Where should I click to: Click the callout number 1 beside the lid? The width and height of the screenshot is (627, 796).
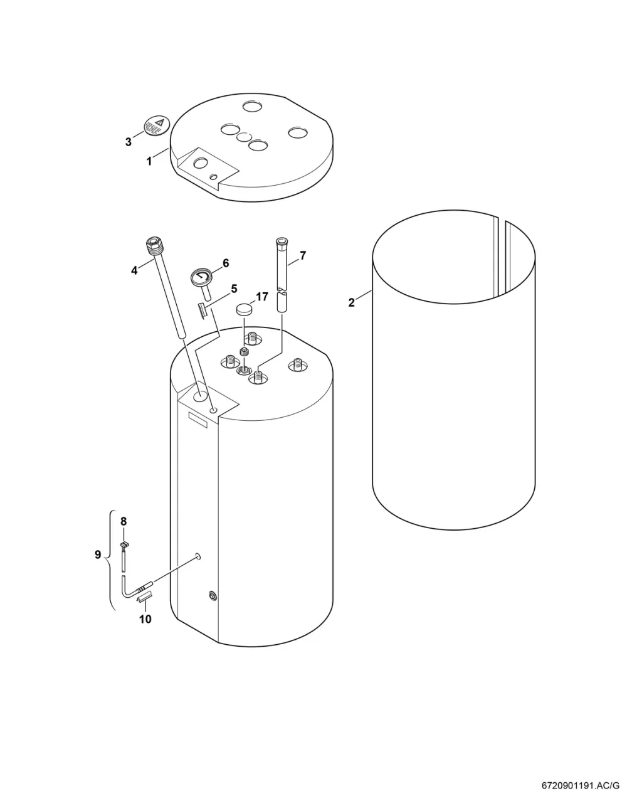149,161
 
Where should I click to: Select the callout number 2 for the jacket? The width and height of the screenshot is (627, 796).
351,302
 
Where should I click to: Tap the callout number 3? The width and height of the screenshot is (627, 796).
129,142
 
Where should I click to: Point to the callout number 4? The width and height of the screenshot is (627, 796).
134,270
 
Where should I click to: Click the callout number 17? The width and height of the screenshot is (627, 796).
261,297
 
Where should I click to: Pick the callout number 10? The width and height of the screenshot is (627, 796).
145,619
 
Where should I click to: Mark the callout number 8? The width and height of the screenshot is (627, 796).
124,521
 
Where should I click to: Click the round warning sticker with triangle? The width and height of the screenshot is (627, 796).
156,125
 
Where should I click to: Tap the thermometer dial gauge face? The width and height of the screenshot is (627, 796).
201,276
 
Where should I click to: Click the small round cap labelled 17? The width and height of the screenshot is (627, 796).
245,309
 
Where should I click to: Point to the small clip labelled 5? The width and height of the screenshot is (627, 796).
203,310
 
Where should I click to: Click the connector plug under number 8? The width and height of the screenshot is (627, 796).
124,544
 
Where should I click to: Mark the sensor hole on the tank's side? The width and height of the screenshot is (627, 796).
198,556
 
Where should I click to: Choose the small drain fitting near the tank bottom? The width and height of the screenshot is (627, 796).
213,596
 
